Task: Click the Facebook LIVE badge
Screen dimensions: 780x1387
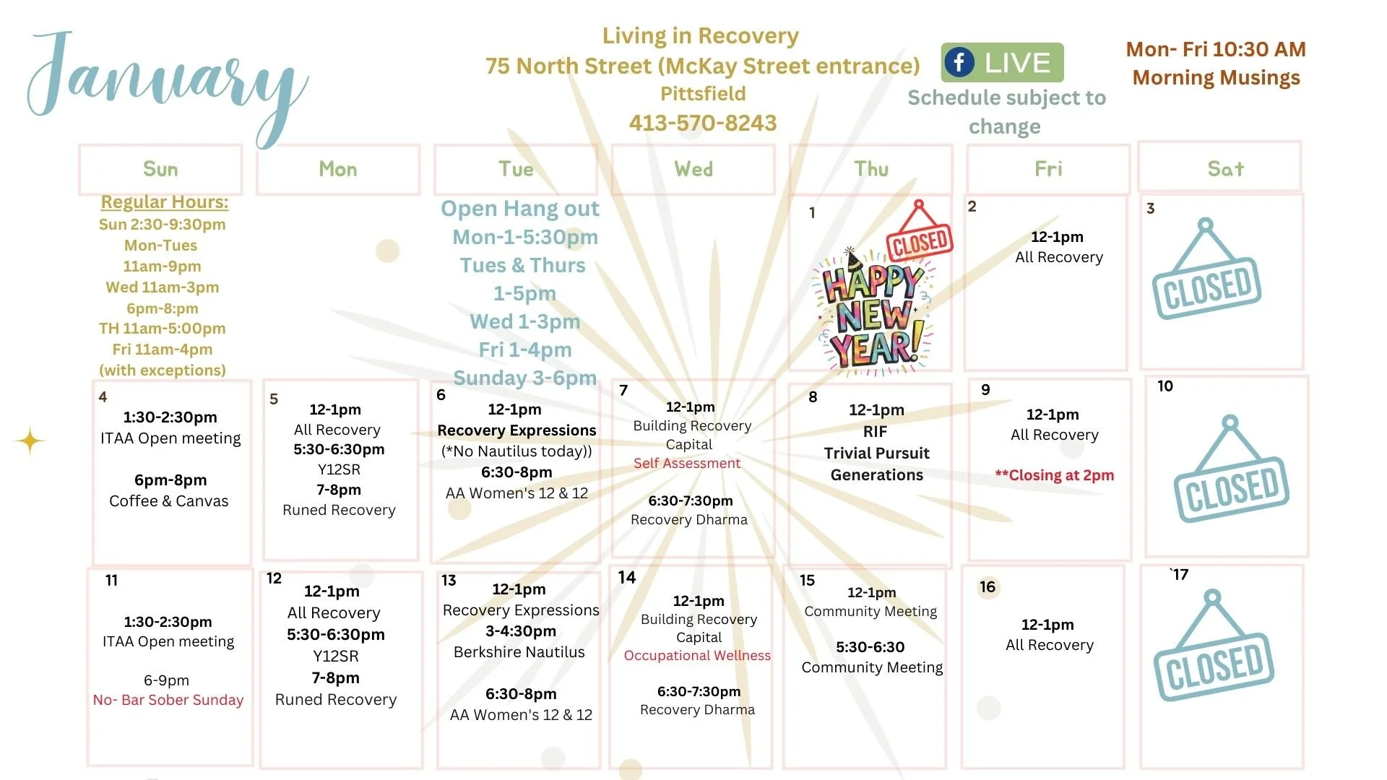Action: [x=1002, y=63]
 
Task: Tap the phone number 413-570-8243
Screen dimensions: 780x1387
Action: [x=703, y=123]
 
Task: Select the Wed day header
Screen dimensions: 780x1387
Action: [x=693, y=170]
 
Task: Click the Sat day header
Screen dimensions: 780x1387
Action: [x=1225, y=169]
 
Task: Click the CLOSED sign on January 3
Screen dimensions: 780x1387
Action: [x=1206, y=278]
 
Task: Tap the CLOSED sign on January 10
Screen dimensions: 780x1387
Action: [x=1232, y=477]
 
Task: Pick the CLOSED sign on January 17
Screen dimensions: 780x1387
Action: [x=1214, y=654]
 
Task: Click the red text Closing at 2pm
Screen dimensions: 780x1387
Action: [x=1055, y=475]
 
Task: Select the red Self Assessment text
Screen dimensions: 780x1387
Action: [x=687, y=464]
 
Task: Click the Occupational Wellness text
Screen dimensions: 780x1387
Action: [x=697, y=656]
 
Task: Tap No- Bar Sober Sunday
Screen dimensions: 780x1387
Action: [x=168, y=700]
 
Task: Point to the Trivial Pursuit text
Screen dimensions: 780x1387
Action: [x=876, y=454]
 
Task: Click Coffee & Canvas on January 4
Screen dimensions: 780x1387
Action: [x=169, y=501]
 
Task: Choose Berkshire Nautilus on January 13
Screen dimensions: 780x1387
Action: [x=519, y=652]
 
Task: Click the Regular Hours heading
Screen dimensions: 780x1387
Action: [x=165, y=202]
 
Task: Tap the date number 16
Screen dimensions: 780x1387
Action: [x=988, y=587]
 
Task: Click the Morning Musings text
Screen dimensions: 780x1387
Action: [x=1217, y=78]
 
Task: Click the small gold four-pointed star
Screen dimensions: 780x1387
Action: [x=30, y=441]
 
